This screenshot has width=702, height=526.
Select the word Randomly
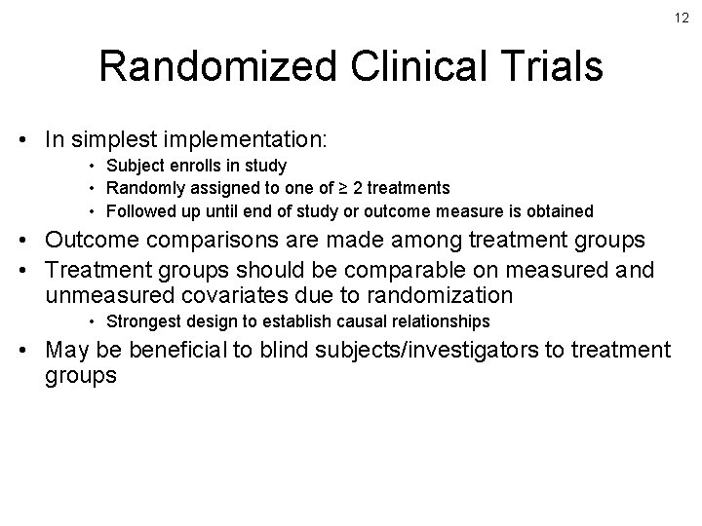coord(142,188)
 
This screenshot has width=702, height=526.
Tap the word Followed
coord(141,210)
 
